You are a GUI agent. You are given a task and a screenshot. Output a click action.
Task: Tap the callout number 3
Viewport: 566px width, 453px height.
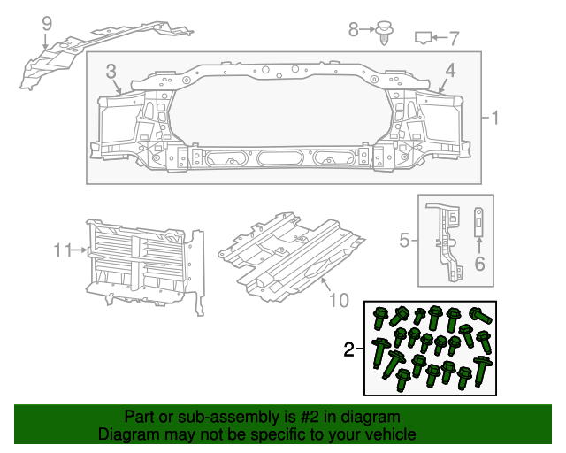point(111,70)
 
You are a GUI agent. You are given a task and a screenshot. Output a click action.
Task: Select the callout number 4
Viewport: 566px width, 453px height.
point(450,70)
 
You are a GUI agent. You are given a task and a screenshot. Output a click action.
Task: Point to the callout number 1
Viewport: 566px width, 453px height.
point(495,118)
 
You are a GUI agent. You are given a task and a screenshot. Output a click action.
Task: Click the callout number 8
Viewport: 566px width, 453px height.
point(354,30)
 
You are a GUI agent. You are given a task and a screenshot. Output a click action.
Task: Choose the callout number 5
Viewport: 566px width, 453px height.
point(403,240)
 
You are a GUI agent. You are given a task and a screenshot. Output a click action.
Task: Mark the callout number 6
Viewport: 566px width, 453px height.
point(480,263)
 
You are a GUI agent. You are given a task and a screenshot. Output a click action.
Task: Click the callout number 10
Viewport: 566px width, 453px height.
point(339,301)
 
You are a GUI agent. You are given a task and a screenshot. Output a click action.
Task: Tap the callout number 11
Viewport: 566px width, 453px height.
point(60,251)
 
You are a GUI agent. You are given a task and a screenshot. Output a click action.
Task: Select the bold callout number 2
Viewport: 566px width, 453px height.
point(349,350)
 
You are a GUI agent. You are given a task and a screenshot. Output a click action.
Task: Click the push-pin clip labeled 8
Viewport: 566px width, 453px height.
point(383,34)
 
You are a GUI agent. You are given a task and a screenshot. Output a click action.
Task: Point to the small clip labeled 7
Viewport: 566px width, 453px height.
point(424,37)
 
